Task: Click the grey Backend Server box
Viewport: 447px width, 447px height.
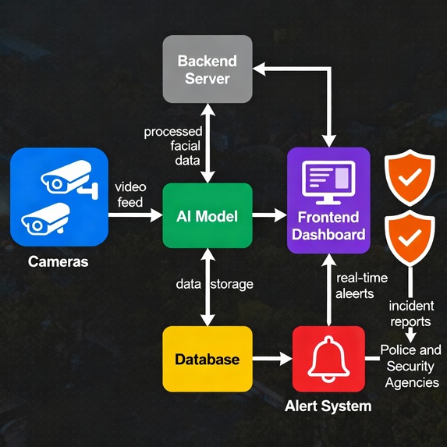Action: (x=208, y=69)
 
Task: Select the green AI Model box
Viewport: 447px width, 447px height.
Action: (x=208, y=215)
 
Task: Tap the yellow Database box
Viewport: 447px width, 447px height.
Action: (x=208, y=359)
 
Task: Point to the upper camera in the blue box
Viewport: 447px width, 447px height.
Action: (x=68, y=179)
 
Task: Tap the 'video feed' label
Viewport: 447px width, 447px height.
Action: (x=129, y=195)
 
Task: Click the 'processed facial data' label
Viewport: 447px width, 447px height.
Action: (x=173, y=146)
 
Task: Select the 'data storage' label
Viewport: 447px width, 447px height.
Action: (x=214, y=284)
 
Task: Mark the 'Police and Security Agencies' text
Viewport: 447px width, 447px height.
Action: (x=410, y=366)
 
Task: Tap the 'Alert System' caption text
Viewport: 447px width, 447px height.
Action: (x=328, y=406)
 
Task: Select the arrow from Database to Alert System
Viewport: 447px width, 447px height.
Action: (x=272, y=359)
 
